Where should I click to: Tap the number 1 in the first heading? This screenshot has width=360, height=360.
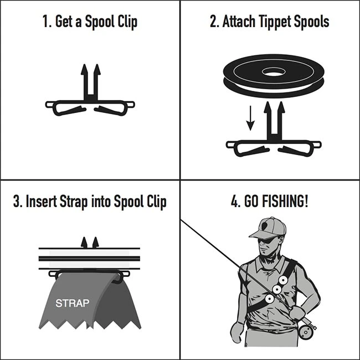[46, 22]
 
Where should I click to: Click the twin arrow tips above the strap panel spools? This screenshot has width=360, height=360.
[90, 242]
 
